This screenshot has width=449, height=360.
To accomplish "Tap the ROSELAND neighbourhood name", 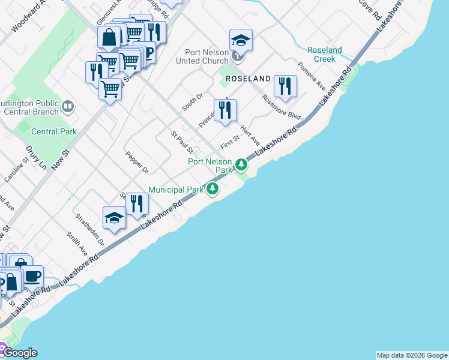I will click(x=248, y=79).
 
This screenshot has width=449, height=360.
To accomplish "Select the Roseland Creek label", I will click(x=325, y=55).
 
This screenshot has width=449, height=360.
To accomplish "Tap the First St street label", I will click(x=230, y=142).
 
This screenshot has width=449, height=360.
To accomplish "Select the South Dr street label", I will click(x=193, y=101).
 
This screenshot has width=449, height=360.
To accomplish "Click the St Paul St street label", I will click(x=181, y=142).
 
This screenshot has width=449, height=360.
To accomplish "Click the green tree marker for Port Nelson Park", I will click(x=241, y=163).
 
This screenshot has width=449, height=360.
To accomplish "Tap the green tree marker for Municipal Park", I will click(x=212, y=190).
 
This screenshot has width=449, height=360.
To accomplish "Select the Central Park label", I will click(x=53, y=131).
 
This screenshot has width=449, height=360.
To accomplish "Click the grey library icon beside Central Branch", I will click(x=68, y=107).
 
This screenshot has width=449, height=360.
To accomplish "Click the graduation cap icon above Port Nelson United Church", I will click(x=241, y=40).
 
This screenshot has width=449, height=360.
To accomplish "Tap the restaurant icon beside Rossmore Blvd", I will click(x=285, y=86).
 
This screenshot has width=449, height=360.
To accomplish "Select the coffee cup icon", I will click(x=32, y=276).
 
